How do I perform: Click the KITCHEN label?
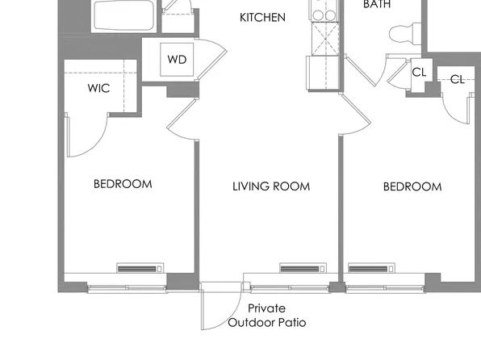[x=263, y=17]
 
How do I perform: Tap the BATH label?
[x=376, y=5]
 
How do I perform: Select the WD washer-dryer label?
[x=177, y=60]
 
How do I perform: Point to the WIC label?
[x=99, y=89]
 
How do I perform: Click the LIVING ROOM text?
[x=271, y=186]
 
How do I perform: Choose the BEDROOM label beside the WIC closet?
[x=123, y=184]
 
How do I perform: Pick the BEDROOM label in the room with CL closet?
[x=412, y=186]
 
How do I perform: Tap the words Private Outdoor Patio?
[x=266, y=316]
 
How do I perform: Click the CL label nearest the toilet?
[x=419, y=72]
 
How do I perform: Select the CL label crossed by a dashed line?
[x=458, y=78]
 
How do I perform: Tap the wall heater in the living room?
[x=303, y=268]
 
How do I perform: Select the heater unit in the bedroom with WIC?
[x=140, y=268]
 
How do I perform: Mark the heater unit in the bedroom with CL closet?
[x=371, y=268]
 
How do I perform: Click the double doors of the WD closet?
[x=207, y=60]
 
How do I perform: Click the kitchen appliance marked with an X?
[x=327, y=40]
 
